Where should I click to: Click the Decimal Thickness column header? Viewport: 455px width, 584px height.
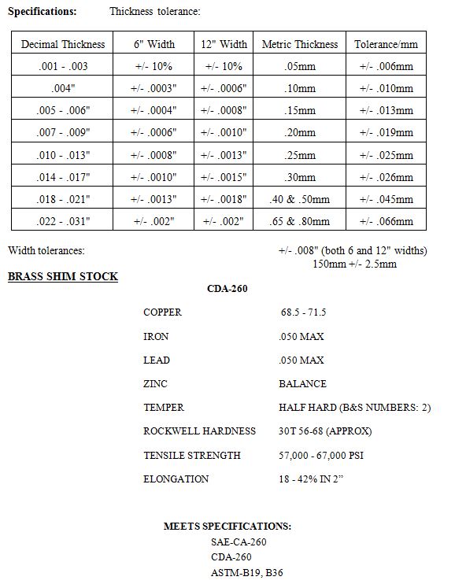63,44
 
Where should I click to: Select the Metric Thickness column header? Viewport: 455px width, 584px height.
300,44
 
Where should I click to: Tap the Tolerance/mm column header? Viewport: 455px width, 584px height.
386,44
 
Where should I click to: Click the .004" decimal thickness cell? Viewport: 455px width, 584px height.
63,88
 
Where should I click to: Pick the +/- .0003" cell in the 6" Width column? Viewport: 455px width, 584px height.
153,88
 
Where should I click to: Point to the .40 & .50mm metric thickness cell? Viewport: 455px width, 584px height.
300,199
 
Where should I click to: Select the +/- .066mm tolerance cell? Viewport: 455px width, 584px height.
386,221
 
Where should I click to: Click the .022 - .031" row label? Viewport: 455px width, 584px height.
63,221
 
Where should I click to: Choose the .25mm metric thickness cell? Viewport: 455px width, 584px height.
300,155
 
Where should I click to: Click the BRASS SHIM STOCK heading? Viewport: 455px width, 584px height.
63,276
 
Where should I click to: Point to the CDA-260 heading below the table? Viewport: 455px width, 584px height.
227,289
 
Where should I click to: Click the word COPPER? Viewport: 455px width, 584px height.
162,312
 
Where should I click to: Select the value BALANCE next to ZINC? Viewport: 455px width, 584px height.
302,383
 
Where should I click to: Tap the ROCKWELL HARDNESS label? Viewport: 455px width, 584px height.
199,431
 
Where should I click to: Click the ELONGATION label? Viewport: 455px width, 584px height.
176,479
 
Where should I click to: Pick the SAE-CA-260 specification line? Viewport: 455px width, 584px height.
239,541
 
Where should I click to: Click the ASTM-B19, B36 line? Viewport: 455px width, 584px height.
246,572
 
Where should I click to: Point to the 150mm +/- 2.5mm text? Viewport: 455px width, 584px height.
354,264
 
